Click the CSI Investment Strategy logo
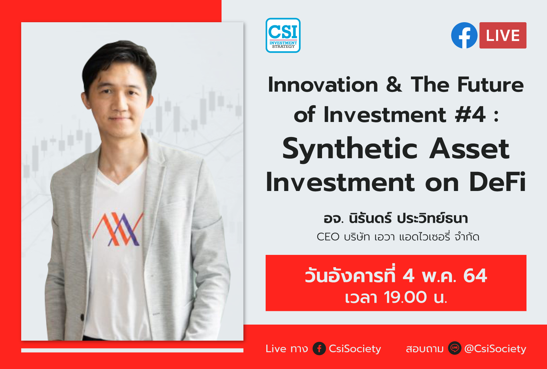point(283,35)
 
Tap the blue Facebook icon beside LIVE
point(464,35)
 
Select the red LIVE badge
point(503,36)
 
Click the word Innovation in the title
point(323,85)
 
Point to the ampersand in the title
point(394,85)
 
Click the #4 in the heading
point(470,114)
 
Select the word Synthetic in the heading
point(350,149)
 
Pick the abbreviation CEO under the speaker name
point(328,237)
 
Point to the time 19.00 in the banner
point(405,297)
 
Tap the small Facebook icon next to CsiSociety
point(319,348)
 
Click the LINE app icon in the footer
point(454,348)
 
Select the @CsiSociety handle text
point(495,348)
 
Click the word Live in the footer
point(276,348)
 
